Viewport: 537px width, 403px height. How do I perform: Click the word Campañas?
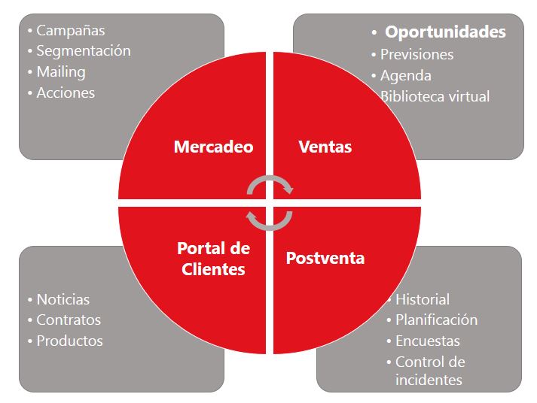coord(71,30)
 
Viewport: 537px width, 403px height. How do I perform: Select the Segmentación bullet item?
coord(84,51)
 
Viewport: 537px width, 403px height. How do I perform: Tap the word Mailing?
coord(61,72)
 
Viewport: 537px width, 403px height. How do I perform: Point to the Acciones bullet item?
coord(66,93)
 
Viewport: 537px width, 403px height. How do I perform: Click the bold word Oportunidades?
coord(445,32)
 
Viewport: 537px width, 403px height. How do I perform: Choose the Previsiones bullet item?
coord(416,55)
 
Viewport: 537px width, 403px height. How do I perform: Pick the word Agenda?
coord(405,76)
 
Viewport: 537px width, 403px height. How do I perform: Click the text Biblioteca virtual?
coord(435,97)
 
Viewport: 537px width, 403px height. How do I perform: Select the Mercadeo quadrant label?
coord(214,147)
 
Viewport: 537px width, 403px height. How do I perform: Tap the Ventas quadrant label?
coord(325,147)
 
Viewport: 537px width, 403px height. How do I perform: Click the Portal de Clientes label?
coord(213,259)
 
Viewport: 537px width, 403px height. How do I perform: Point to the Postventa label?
coord(325,258)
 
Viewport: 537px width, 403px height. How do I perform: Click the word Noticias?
coord(63,300)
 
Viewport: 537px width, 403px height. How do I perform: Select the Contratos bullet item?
coord(69,320)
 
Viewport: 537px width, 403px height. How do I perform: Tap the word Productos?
coord(69,341)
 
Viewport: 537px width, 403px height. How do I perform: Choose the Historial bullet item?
coord(423,300)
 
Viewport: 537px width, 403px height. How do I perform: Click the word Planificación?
coord(436,320)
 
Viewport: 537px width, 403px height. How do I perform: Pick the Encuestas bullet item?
coord(427,341)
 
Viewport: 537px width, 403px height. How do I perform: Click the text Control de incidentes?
coord(430,371)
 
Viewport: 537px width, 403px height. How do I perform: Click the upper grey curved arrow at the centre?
coord(270,177)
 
